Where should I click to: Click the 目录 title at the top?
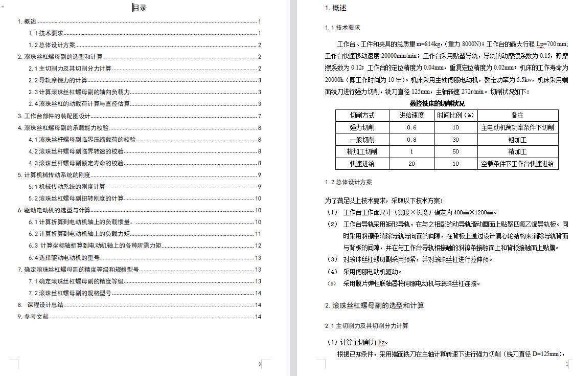point(140,8)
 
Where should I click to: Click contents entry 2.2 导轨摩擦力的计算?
point(58,80)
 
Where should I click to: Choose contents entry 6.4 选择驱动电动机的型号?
point(64,258)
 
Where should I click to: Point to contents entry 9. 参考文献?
point(33,317)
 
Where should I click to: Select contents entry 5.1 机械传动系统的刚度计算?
point(67,187)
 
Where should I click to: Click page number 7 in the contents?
point(260,116)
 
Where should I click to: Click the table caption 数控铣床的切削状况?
point(437,103)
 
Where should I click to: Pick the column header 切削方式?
point(362,115)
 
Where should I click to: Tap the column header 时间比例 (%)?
point(455,115)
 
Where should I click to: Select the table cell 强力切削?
point(362,127)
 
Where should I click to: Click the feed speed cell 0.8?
point(411,140)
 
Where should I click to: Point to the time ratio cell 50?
point(455,152)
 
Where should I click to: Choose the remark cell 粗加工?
point(517,140)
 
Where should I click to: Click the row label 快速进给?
point(362,164)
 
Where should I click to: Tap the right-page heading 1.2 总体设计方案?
point(349,182)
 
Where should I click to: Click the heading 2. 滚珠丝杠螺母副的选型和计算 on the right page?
point(375,306)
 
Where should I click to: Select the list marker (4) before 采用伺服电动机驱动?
point(332,272)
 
